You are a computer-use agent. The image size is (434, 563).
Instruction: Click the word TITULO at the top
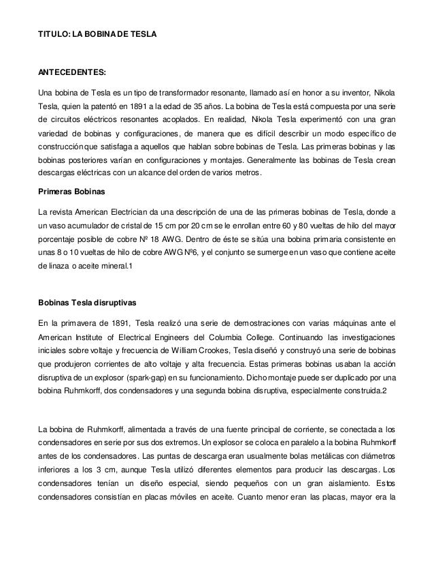54,32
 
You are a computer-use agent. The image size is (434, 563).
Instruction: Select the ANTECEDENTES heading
71,71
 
